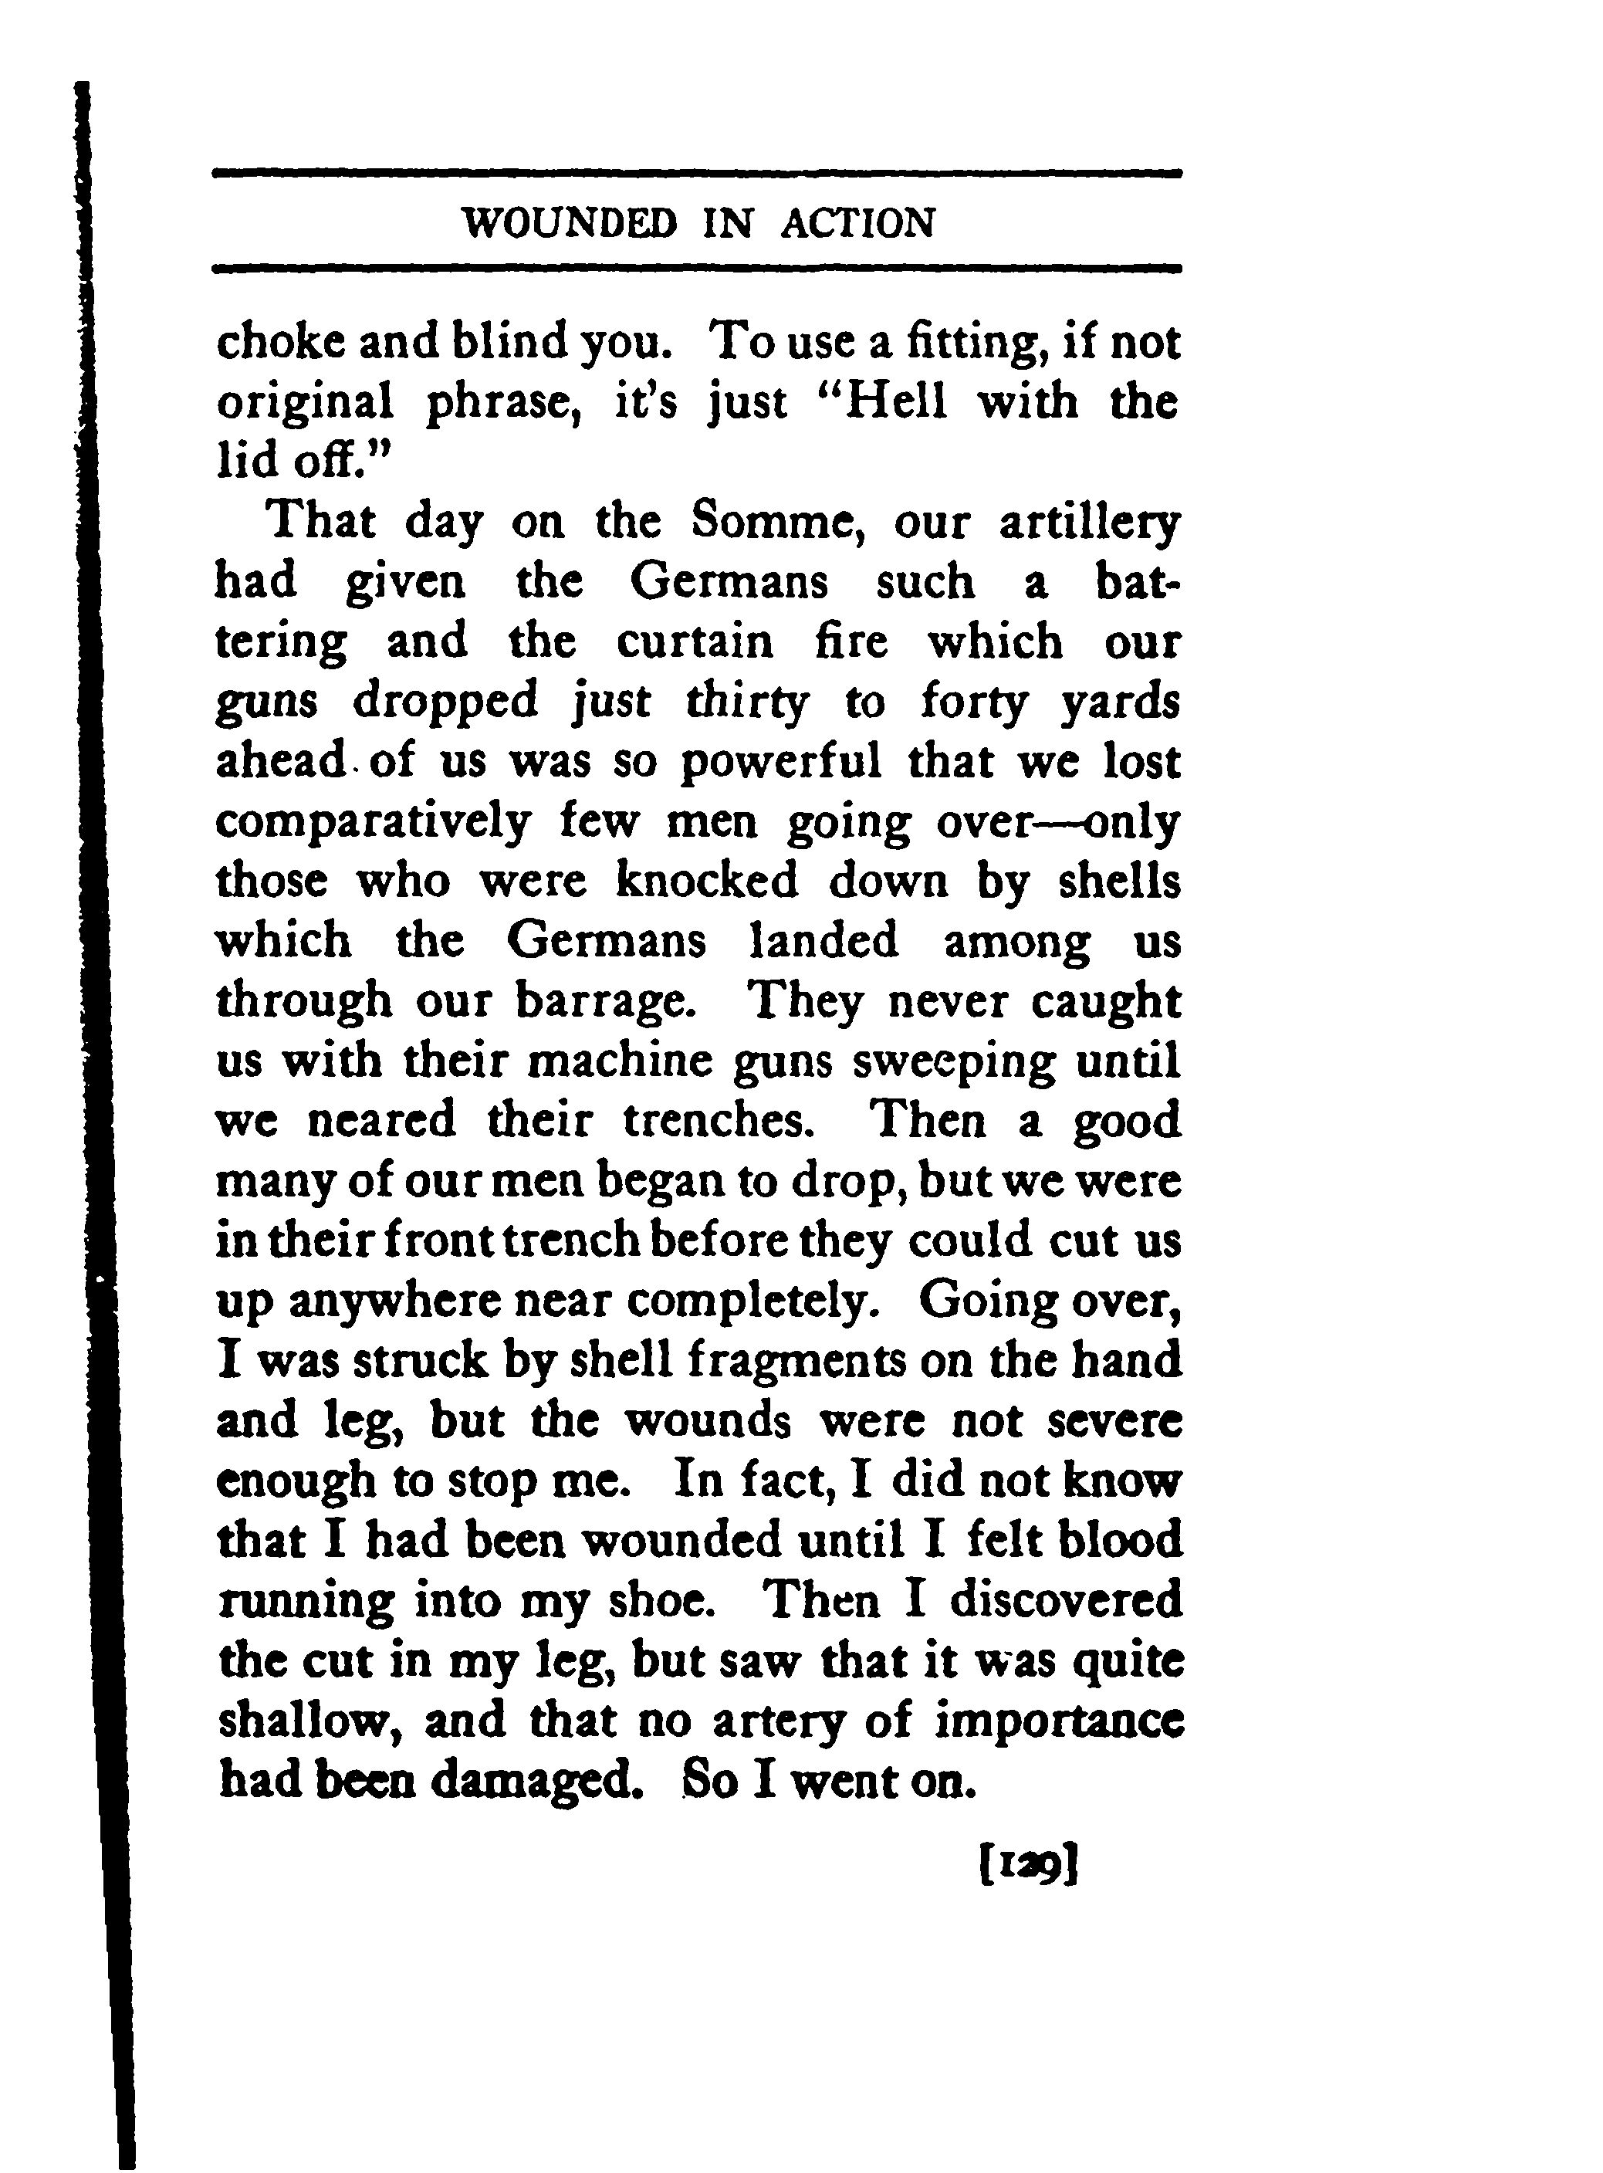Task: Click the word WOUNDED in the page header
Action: pos(570,224)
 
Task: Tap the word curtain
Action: pos(695,642)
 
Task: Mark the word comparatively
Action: pos(374,823)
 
